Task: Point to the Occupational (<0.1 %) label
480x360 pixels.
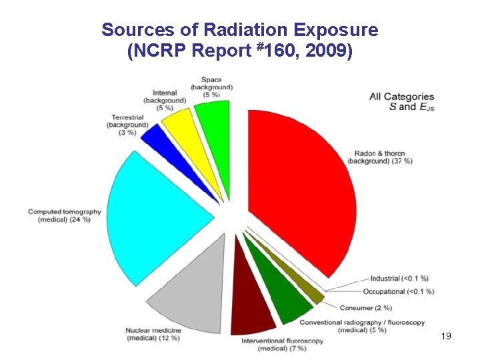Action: [x=399, y=291]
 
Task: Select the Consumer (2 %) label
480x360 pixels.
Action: [x=366, y=308]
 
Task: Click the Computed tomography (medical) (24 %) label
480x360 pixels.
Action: [x=64, y=216]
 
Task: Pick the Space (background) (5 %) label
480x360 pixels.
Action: [x=211, y=87]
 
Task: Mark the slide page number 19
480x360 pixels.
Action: [x=446, y=336]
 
